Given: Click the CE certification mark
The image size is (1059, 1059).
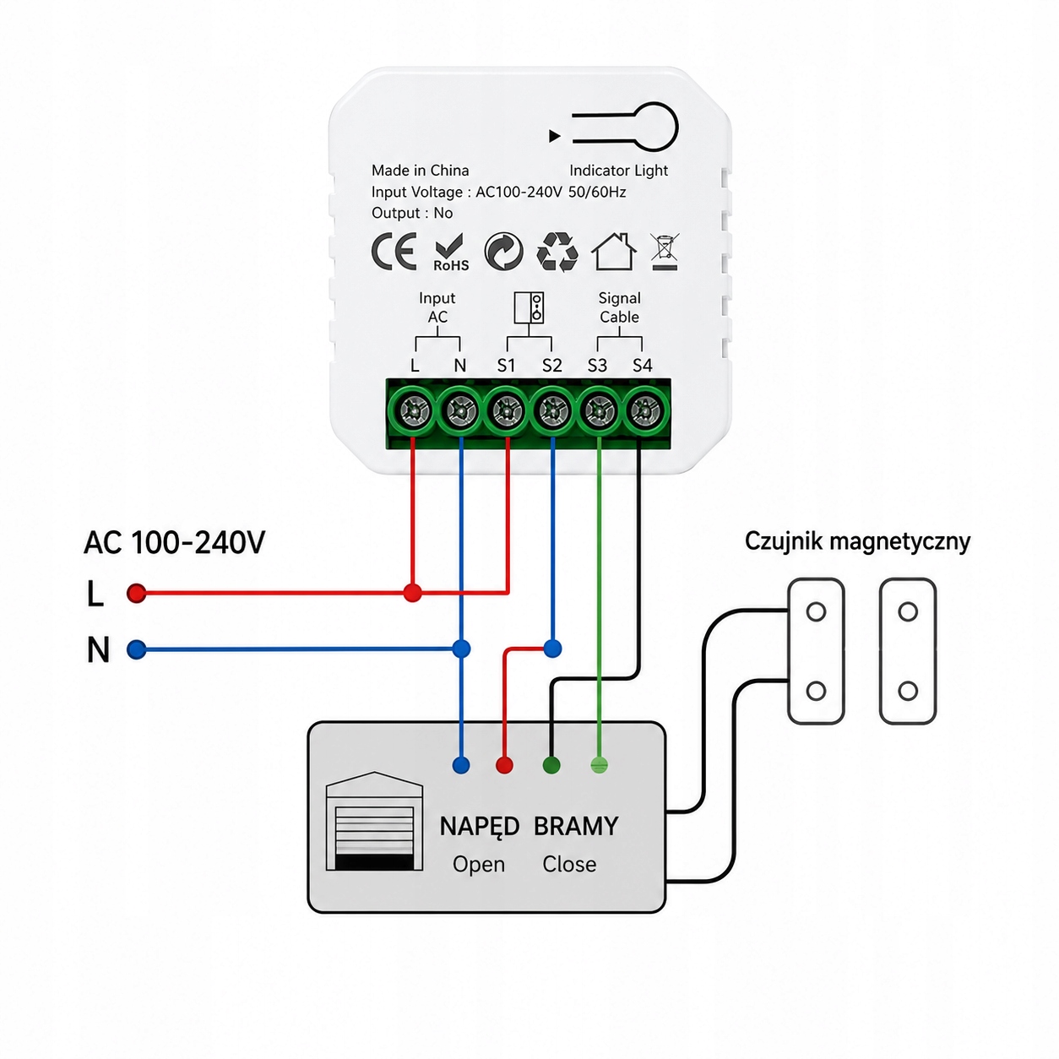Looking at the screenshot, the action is tap(394, 252).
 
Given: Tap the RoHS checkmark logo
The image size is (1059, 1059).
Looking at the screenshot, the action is tap(451, 253).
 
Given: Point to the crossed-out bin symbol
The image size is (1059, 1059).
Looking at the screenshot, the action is tap(665, 252).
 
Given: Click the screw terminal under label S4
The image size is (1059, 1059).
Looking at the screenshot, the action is tap(644, 410).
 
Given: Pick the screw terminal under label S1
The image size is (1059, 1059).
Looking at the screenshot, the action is tap(506, 410).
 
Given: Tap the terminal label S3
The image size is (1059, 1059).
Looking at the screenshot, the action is tap(597, 366).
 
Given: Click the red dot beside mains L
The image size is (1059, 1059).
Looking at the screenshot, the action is tap(136, 593).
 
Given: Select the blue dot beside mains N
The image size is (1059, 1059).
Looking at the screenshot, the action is tap(136, 649).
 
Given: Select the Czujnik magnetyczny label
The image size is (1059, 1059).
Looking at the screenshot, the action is tap(857, 542).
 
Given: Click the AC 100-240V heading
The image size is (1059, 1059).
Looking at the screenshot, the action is tap(175, 542).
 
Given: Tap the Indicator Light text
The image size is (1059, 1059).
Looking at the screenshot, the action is tap(619, 171).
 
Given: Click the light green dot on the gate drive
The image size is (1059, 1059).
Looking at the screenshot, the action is tap(599, 765).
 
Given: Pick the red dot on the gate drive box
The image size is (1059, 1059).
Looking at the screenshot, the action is tap(504, 765).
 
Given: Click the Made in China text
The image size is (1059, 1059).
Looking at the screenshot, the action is tap(421, 171).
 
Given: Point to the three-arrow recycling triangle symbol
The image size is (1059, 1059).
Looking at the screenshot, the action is tap(557, 252).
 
